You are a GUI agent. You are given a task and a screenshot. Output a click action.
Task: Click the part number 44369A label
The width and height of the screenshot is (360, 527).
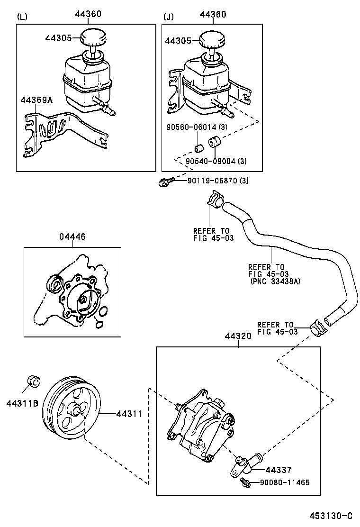click(x=36, y=100)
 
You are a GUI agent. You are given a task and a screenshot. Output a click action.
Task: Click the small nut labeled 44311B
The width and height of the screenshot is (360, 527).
click(x=34, y=381)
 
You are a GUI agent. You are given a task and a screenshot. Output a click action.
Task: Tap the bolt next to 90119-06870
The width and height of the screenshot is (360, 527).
click(x=165, y=182)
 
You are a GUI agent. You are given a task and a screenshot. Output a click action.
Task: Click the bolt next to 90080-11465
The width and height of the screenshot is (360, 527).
click(x=245, y=482)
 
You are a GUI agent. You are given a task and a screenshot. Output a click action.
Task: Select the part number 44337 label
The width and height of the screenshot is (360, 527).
click(x=279, y=470)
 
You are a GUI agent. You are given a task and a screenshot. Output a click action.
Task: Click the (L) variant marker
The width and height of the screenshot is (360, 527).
click(x=22, y=17)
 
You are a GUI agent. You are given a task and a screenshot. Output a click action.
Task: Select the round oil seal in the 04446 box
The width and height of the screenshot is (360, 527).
click(x=54, y=284)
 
